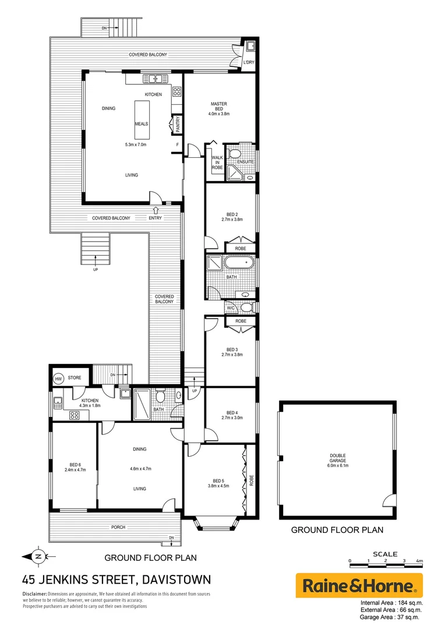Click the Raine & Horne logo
tap(359, 585)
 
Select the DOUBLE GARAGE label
tap(337, 456)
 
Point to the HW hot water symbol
tap(58, 379)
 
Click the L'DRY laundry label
tap(249, 62)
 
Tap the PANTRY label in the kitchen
tap(177, 124)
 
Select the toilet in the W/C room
tap(246, 307)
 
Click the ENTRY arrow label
tap(156, 218)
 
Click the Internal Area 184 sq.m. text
tap(391, 603)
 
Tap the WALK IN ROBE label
tap(217, 161)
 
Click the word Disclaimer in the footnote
tap(35, 594)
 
